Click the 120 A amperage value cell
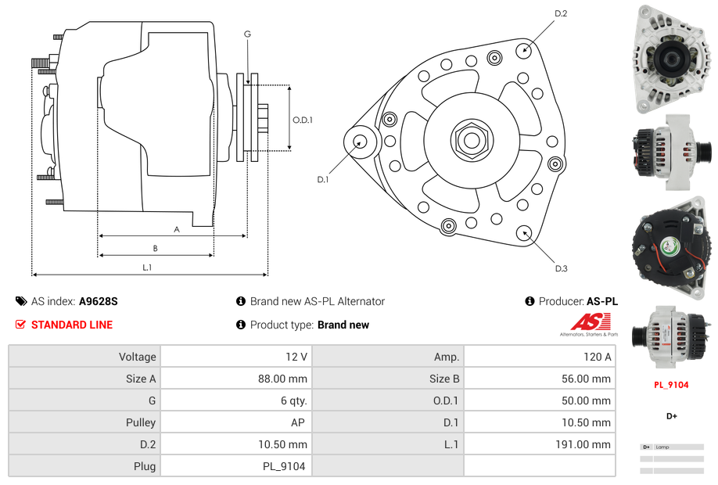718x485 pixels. point(539,357)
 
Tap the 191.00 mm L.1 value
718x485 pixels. point(539,444)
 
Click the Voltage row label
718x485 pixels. point(138,357)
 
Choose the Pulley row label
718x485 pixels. point(141,422)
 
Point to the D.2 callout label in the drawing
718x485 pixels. point(561,13)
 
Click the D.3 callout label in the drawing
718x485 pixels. point(561,268)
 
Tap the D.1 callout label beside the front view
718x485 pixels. point(323,179)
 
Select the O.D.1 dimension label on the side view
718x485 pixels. point(303,120)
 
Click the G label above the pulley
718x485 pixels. point(247,34)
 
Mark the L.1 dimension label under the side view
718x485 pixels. point(147,268)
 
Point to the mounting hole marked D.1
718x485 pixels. point(361,142)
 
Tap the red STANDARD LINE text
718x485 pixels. point(71,325)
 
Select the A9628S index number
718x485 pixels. point(98,301)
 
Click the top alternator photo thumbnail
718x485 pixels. point(672,59)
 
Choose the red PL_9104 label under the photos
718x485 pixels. point(671,385)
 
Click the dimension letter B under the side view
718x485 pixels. point(155,248)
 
